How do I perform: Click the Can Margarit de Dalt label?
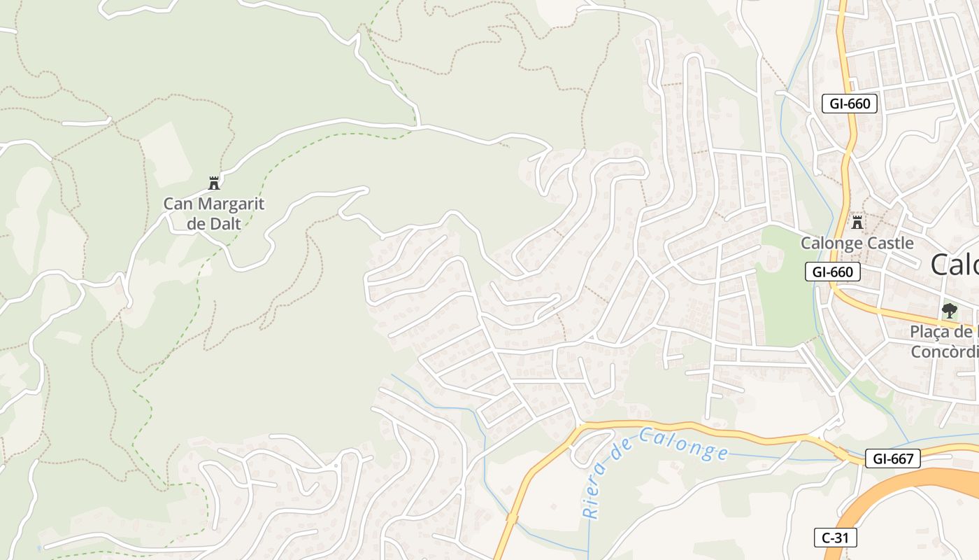[x=213, y=213]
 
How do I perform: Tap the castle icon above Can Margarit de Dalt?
[x=214, y=184]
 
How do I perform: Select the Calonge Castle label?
[x=857, y=243]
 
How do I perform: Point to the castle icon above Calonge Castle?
[x=857, y=223]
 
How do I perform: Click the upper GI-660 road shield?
[x=850, y=104]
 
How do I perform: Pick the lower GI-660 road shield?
[x=832, y=272]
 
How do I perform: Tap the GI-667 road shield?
[x=892, y=458]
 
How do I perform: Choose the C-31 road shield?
[x=835, y=538]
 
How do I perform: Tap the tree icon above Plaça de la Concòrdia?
[x=949, y=310]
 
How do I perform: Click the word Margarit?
[x=231, y=204]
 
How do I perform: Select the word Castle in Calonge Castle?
[x=888, y=243]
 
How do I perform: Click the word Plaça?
[x=934, y=332]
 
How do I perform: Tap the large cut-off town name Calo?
[x=955, y=265]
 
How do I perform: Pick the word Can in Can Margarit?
[x=177, y=204]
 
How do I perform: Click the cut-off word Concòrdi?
[x=944, y=351]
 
